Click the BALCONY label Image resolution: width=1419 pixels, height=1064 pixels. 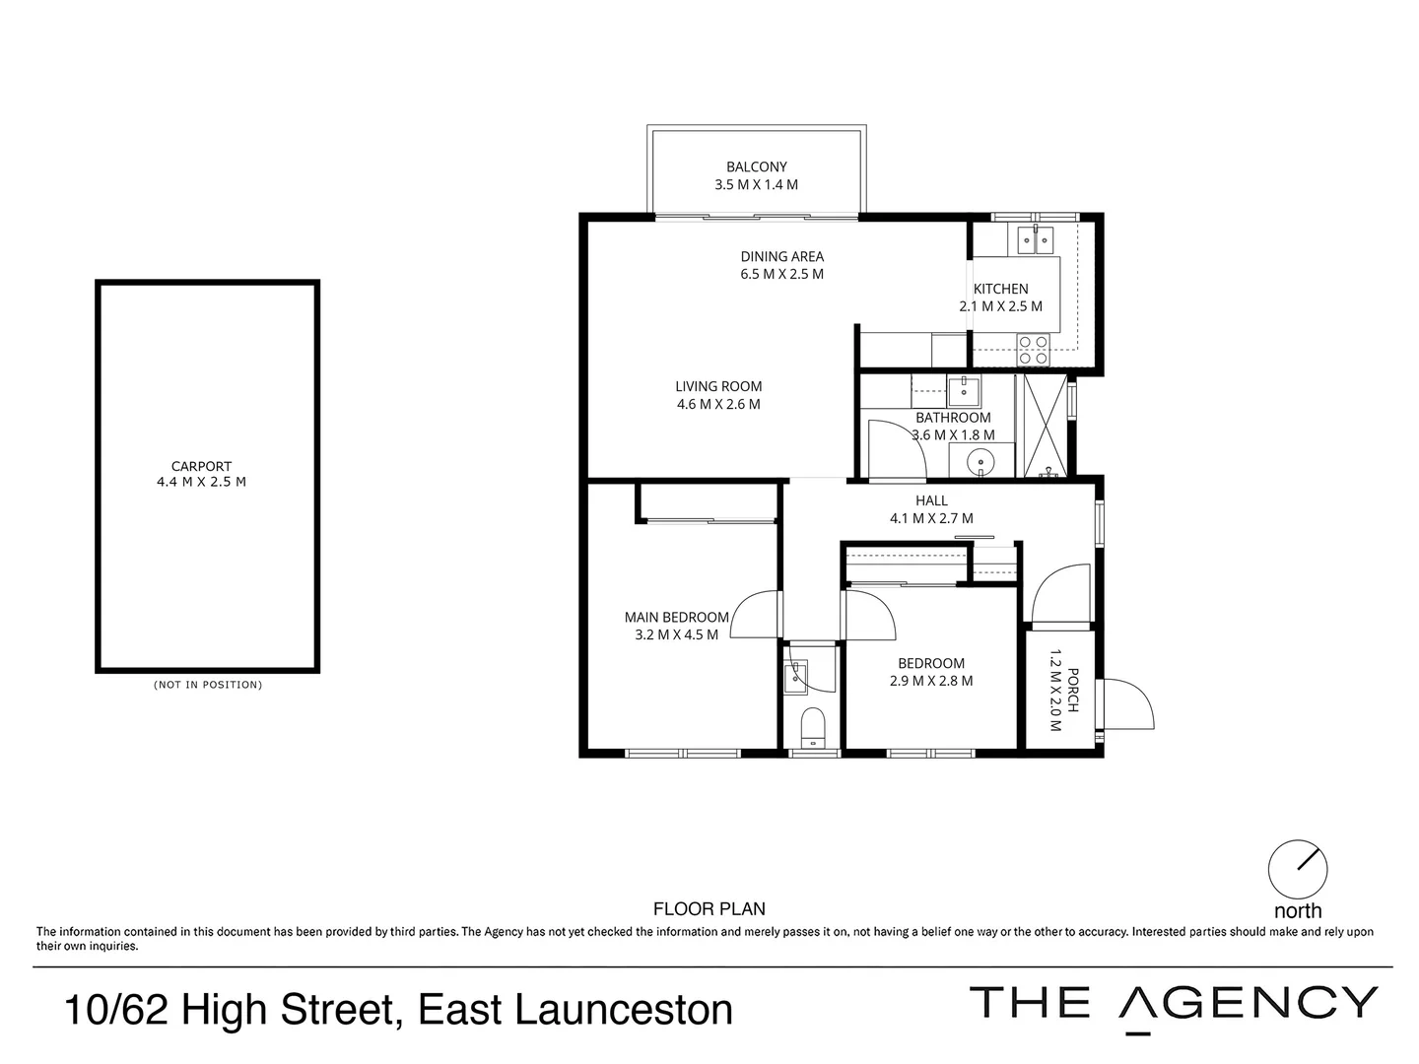pyautogui.click(x=757, y=167)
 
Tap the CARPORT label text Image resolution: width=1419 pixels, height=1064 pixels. pyautogui.click(x=201, y=466)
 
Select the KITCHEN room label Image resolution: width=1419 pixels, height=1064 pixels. pyautogui.click(x=1000, y=289)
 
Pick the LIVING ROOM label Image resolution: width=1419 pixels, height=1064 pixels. pyautogui.click(x=718, y=386)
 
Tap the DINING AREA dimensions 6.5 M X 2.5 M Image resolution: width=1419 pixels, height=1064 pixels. pyautogui.click(x=782, y=274)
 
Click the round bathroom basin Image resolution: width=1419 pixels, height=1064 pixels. pyautogui.click(x=981, y=460)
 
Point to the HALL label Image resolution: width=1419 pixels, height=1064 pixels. pyautogui.click(x=931, y=500)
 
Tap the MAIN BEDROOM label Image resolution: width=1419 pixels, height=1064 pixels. pyautogui.click(x=676, y=618)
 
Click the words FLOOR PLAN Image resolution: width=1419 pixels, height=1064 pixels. pyautogui.click(x=709, y=909)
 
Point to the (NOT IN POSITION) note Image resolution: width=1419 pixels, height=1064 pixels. pyautogui.click(x=208, y=685)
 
